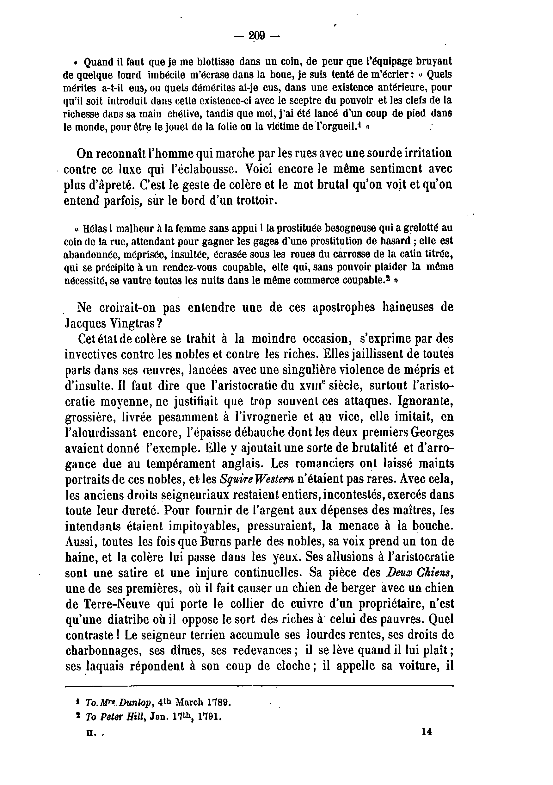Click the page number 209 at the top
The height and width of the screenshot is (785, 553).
pyautogui.click(x=257, y=35)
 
